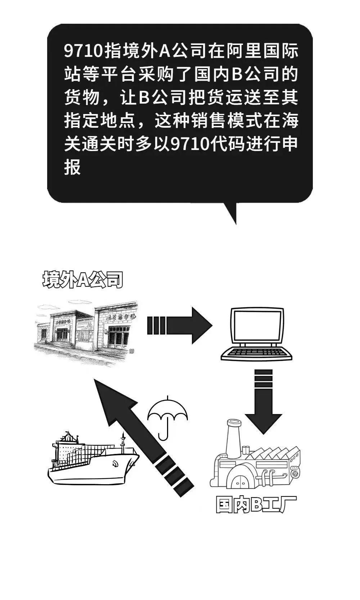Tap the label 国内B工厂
[x=256, y=504]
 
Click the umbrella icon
[x=168, y=417]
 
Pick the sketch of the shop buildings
[x=86, y=327]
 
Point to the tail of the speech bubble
[x=230, y=212]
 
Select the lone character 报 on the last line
[x=72, y=167]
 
